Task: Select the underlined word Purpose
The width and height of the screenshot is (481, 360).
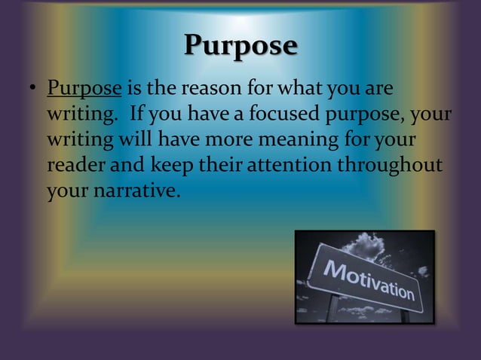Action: click(x=84, y=89)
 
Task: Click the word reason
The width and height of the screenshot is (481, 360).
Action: click(x=204, y=89)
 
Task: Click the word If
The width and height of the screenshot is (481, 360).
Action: click(x=137, y=114)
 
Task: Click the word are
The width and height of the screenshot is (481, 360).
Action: click(x=380, y=89)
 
